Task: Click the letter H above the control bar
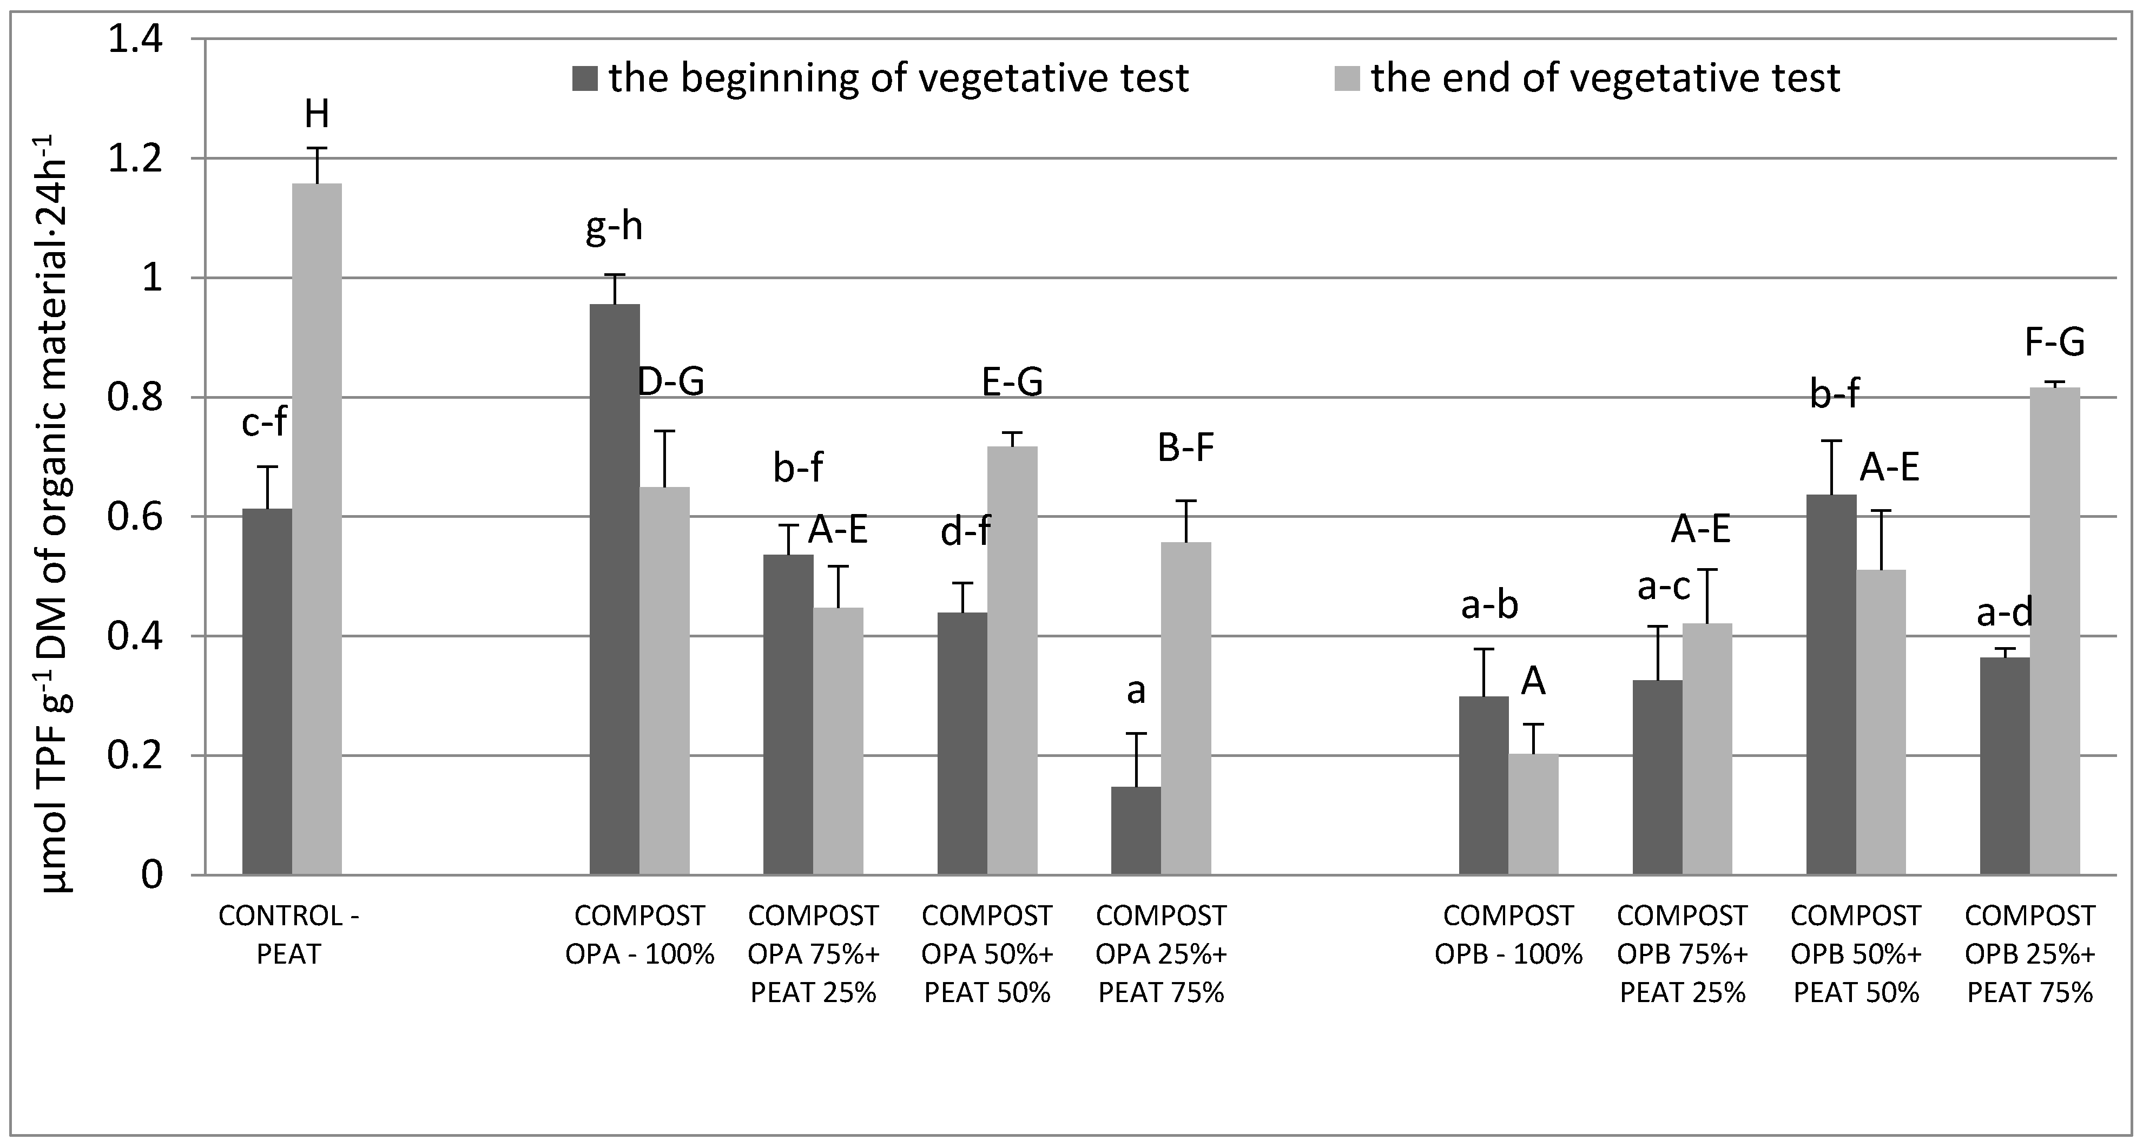pyautogui.click(x=316, y=115)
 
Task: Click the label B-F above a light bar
pyautogui.click(x=1185, y=449)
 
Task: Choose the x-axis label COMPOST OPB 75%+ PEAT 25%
pyautogui.click(x=1682, y=954)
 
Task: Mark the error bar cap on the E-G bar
pyautogui.click(x=1012, y=433)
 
